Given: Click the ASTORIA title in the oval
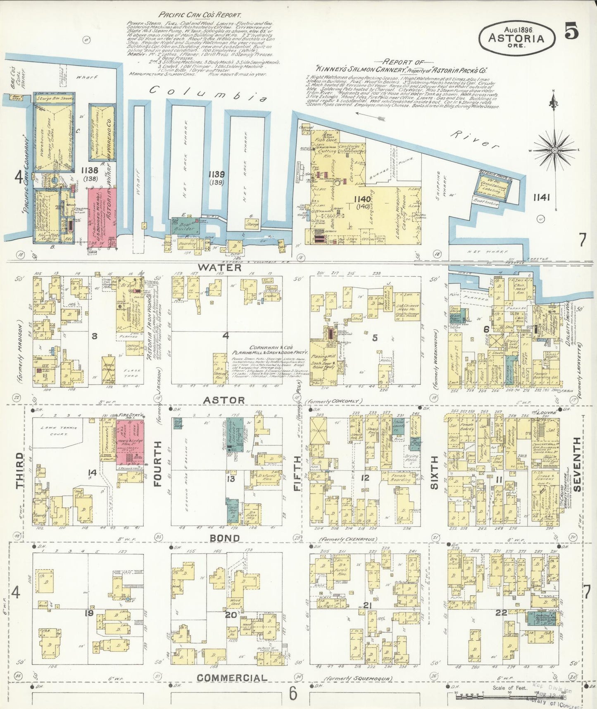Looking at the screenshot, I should click(x=516, y=38).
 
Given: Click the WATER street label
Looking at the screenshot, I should click(x=219, y=268).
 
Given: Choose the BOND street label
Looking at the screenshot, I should click(x=224, y=538).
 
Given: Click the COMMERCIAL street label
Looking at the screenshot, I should click(x=231, y=678).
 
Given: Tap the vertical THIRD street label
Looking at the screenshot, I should click(x=19, y=470).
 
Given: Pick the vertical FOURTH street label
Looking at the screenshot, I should click(x=157, y=464).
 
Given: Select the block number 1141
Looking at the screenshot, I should click(x=541, y=198).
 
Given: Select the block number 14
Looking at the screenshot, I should click(x=92, y=472).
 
